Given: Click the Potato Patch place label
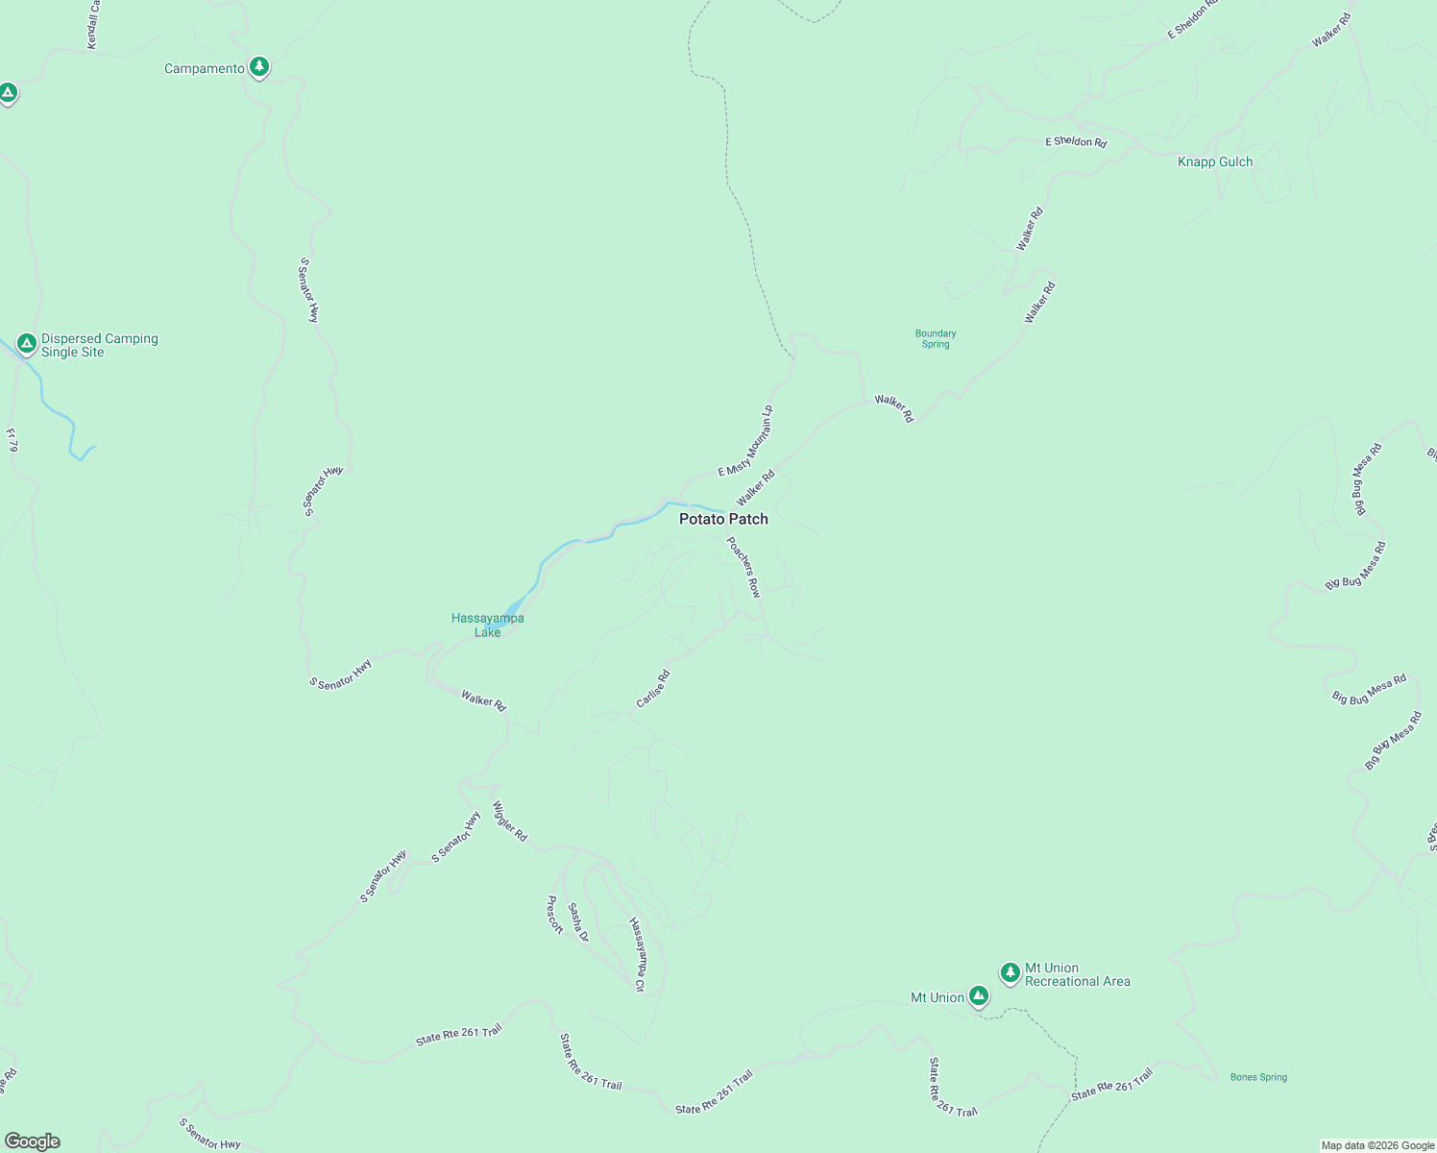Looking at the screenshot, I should coord(723,519).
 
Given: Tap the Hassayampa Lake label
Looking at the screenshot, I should coord(488,626).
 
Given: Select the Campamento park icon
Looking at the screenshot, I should coord(258,67).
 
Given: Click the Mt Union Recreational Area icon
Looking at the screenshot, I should coord(1010,972).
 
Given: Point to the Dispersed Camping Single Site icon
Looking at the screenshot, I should coord(27,343).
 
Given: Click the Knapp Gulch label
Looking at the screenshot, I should coord(1215,162).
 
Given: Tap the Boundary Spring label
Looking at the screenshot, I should coord(936,339).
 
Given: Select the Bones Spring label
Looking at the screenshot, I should coord(1258,1077).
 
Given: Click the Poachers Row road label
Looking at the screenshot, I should coord(743,567).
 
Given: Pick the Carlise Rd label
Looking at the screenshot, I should coord(653,689).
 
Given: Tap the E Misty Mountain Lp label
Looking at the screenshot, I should coord(746,441).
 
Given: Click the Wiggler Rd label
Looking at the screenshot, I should coord(510,822).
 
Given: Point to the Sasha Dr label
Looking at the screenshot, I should coord(577,922).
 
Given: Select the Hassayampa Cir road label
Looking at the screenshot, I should coord(637,954).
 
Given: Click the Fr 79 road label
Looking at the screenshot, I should coord(12,440).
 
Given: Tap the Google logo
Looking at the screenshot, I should coord(32,1141).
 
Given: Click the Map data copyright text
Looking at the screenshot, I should coord(1377,1145).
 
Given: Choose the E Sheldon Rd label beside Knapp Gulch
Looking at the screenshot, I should coord(1076,142).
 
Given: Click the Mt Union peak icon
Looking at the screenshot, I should coord(978,996).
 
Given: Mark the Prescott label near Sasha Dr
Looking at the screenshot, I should coord(554,915).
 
